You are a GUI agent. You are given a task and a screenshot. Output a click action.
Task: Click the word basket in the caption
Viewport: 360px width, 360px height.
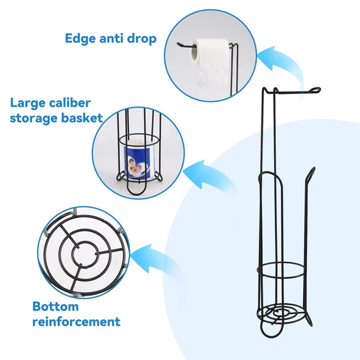click(x=86, y=118)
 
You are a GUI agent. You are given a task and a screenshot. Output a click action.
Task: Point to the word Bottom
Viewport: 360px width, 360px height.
click(x=55, y=306)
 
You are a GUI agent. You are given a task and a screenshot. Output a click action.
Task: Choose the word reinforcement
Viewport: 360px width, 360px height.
click(x=76, y=322)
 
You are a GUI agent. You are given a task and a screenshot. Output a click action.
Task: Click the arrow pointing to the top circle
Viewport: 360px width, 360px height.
click(x=283, y=63)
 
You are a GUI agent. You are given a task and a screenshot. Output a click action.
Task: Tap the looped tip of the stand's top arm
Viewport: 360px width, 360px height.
click(x=314, y=91)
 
